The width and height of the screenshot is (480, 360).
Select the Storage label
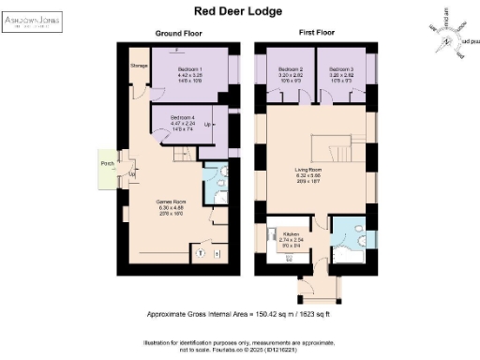pyautogui.click(x=139, y=67)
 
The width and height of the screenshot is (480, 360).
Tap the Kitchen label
pyautogui.click(x=290, y=237)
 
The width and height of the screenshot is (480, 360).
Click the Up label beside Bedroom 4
pyautogui.click(x=206, y=123)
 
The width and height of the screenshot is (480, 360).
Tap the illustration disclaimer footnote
pyautogui.click(x=239, y=344)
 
